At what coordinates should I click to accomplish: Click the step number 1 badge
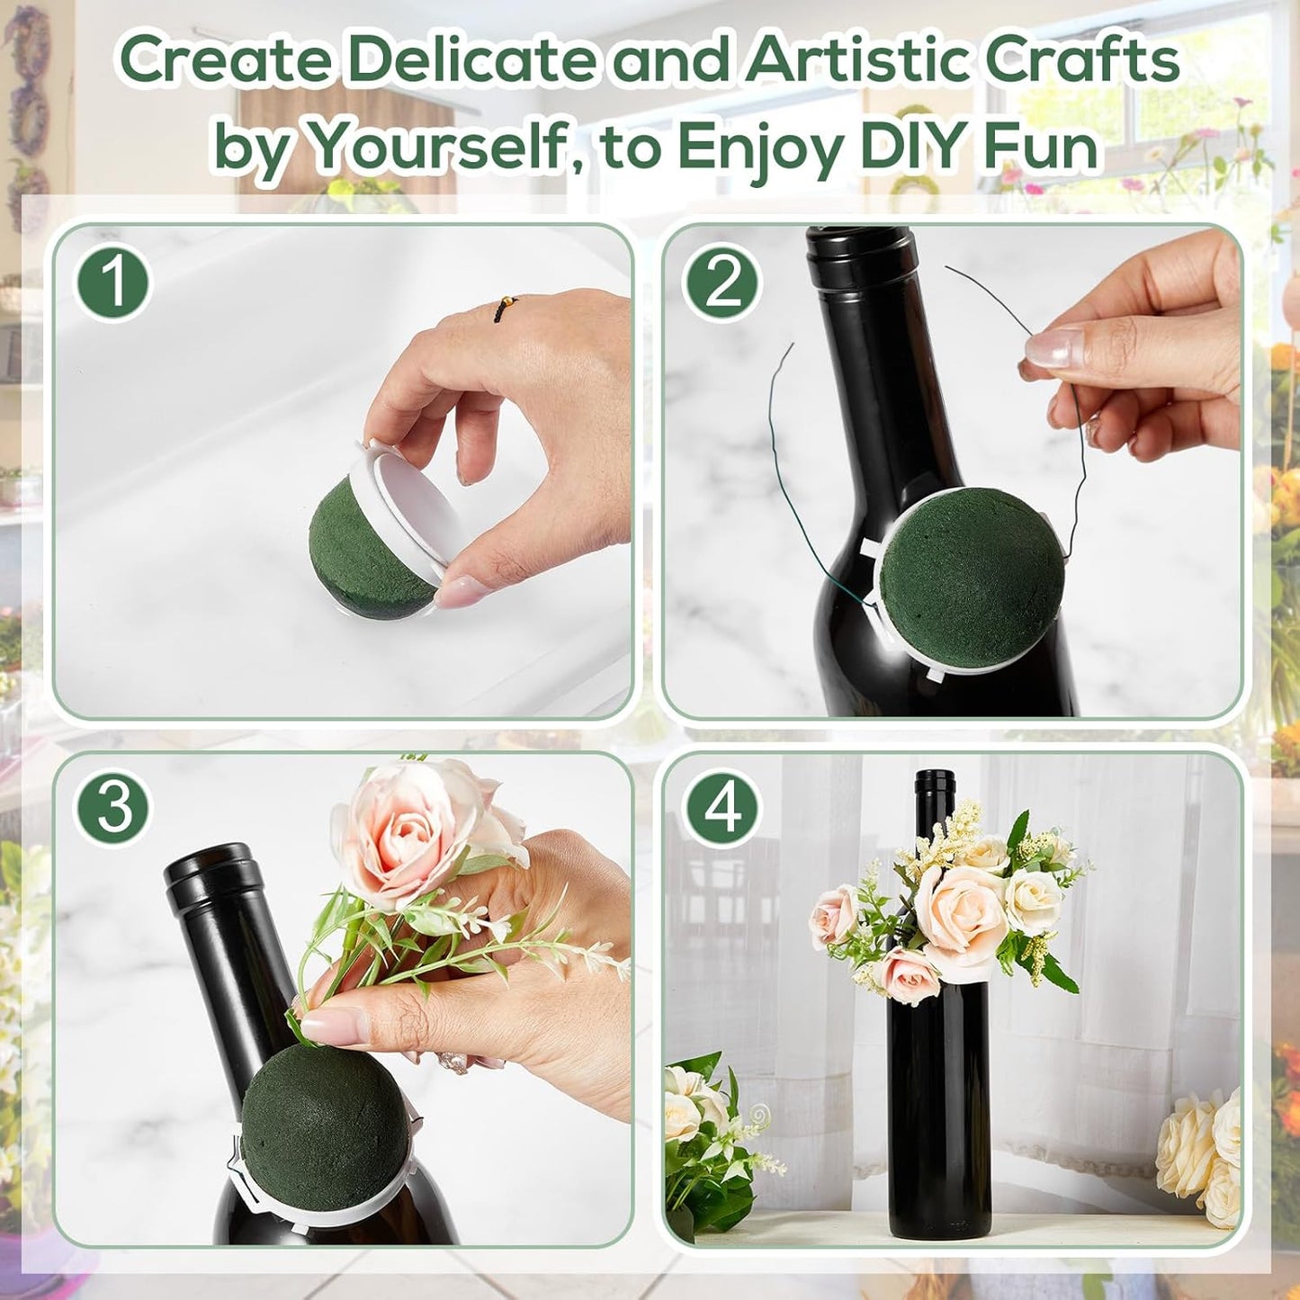coord(113,282)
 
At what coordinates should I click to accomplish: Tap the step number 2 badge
coord(722,282)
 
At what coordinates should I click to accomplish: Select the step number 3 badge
coord(113,808)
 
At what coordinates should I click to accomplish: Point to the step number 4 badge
coord(722,808)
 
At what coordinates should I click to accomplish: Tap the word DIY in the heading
coord(914,146)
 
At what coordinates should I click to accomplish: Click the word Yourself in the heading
coord(435,146)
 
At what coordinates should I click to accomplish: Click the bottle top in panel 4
coord(934,779)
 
